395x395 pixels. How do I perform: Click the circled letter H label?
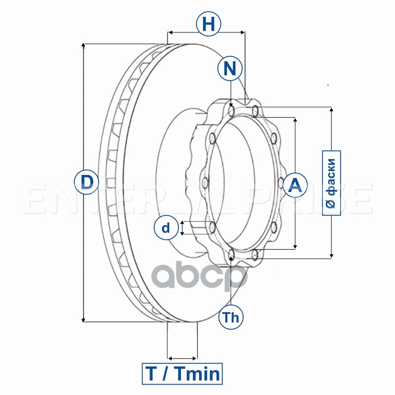pos(208,24)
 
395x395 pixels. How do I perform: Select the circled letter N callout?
pos(230,68)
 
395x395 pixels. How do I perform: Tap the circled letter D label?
pos(87,182)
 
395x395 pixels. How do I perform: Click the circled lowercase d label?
pos(166,228)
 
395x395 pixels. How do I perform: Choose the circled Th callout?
pos(231,317)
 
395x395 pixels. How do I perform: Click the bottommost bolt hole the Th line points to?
pos(232,255)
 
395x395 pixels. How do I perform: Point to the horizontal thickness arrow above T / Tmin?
pos(183,357)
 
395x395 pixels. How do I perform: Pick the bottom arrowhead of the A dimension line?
pos(295,245)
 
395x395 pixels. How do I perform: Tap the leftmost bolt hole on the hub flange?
pos(203,183)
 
